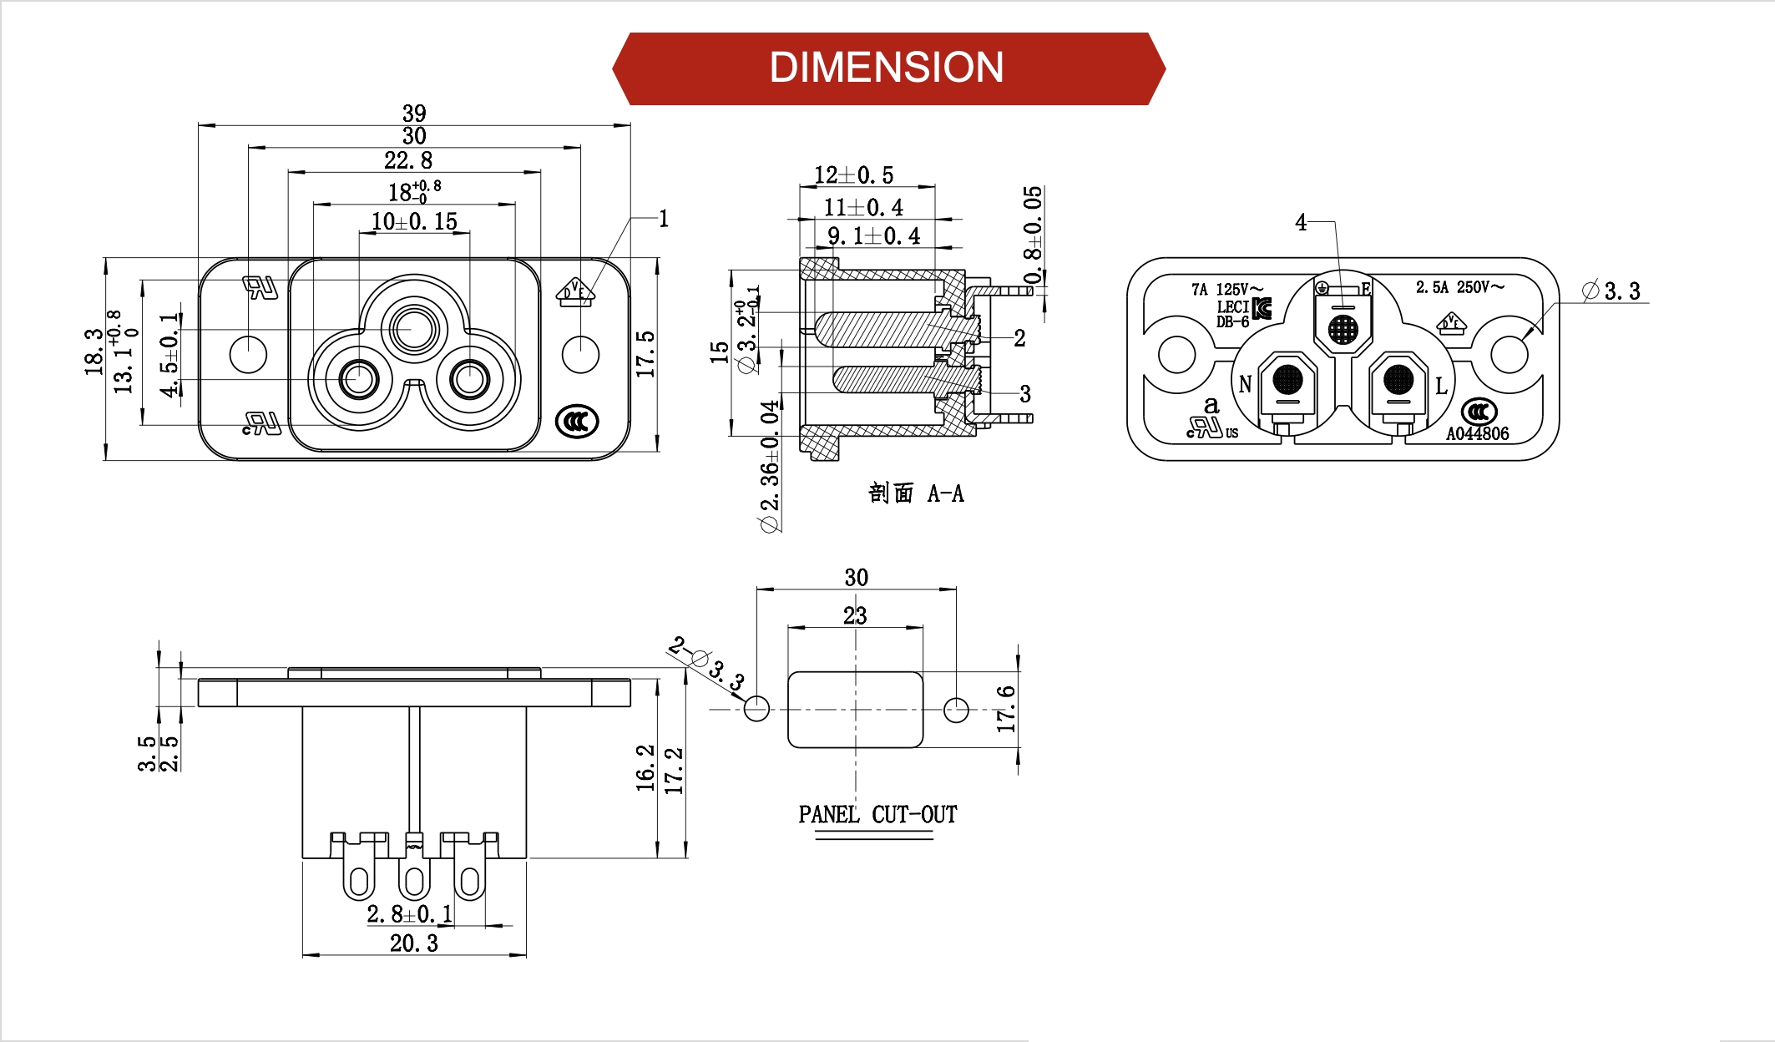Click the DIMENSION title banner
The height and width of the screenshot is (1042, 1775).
coord(887,68)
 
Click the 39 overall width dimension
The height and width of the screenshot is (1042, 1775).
coord(414,113)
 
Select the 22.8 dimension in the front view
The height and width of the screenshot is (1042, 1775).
coord(408,159)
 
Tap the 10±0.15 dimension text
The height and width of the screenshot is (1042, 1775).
coord(414,221)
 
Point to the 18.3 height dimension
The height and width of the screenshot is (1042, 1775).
coord(93,351)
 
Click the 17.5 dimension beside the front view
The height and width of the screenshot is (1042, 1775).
coord(645,354)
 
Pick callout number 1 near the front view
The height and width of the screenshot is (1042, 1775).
coord(664,219)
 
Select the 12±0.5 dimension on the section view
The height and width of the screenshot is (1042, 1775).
coord(853,175)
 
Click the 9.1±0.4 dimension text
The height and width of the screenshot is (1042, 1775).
coord(873,236)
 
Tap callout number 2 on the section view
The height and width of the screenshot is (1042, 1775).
coord(1019,338)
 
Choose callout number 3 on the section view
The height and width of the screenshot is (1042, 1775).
coord(1024,394)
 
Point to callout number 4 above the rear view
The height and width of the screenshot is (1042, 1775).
coord(1301,222)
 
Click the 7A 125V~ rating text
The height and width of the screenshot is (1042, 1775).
coord(1226,290)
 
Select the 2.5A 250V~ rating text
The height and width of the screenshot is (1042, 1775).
coord(1459,287)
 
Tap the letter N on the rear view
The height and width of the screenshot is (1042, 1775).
coord(1245,384)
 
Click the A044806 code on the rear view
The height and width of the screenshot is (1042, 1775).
coord(1477,433)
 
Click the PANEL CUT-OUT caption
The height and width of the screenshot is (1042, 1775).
coord(877,814)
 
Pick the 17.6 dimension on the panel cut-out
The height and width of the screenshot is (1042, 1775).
coord(1006,709)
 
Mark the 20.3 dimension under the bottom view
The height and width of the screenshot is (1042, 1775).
coord(414,943)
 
